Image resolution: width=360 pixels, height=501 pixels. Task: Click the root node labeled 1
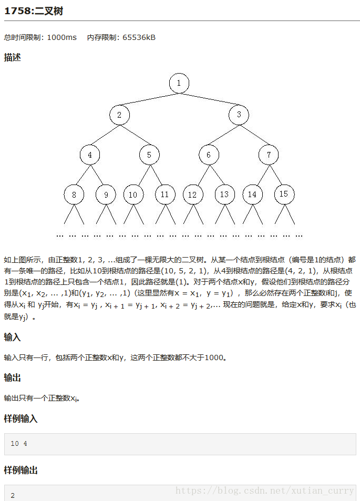179,83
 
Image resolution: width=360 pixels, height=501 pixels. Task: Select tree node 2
119,115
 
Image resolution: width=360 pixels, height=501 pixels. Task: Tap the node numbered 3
239,115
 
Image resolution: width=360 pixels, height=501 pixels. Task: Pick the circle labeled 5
149,155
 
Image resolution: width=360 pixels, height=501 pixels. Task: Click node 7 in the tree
269,155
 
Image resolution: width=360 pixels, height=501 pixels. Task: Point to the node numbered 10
133,195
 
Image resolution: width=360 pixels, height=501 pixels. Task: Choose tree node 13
224,195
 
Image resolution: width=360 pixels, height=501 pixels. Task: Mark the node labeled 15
284,194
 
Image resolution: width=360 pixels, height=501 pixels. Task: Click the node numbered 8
74,195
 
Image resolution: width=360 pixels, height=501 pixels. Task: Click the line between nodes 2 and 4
105,135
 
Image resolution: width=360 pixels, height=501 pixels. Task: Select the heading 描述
13,57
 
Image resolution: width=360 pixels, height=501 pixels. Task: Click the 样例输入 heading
20,419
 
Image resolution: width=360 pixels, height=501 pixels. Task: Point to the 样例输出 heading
20,471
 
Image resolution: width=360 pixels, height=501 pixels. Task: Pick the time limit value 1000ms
62,37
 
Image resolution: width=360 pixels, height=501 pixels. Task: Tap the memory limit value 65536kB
139,37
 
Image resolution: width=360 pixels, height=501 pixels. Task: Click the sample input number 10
15,444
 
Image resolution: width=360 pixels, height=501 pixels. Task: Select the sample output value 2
13,495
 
